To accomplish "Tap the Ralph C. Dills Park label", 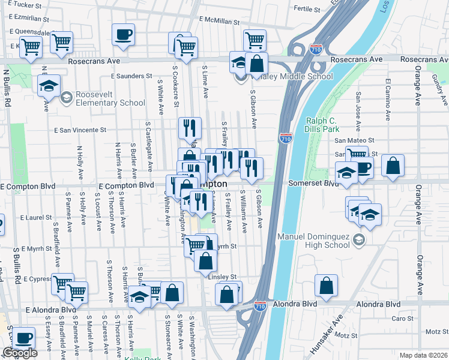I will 323,124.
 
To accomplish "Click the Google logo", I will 20,353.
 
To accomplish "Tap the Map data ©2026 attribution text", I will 424,355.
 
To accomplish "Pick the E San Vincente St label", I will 80,130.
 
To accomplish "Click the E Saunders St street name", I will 132,76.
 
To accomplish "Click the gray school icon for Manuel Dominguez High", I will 358,240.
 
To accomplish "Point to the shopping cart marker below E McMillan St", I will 255,40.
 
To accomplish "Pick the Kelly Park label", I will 139,358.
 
